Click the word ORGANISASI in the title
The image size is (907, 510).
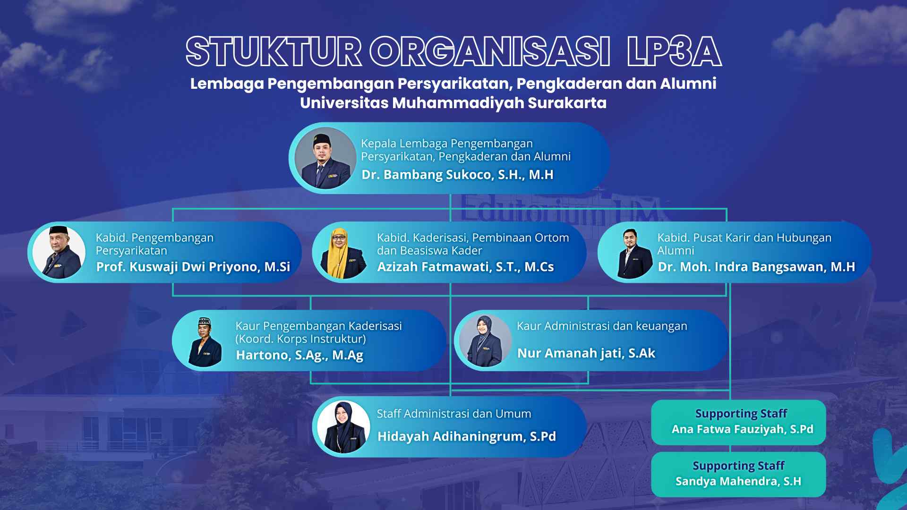[x=489, y=51]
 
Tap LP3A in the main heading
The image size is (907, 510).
[x=674, y=51]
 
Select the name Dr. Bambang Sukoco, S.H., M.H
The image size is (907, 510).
[x=457, y=175]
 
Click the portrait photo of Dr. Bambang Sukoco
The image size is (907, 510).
[x=325, y=158]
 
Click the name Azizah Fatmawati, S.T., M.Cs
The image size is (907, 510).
[x=465, y=267]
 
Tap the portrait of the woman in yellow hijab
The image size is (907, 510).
[x=343, y=252]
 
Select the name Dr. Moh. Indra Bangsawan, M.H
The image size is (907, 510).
[x=756, y=267]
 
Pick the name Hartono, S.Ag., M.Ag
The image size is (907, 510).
[x=299, y=355]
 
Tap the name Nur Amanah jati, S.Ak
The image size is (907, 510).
[x=586, y=353]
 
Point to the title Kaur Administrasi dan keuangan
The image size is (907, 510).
[x=602, y=326]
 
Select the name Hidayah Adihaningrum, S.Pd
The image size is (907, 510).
[x=467, y=436]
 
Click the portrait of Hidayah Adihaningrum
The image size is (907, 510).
[x=343, y=427]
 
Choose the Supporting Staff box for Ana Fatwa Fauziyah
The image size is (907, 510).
[x=738, y=422]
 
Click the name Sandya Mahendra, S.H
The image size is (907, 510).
[x=738, y=481]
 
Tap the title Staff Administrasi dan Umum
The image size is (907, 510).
[x=454, y=414]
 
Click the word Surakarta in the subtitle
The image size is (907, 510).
[x=567, y=103]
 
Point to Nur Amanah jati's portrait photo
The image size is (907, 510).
[x=485, y=340]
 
